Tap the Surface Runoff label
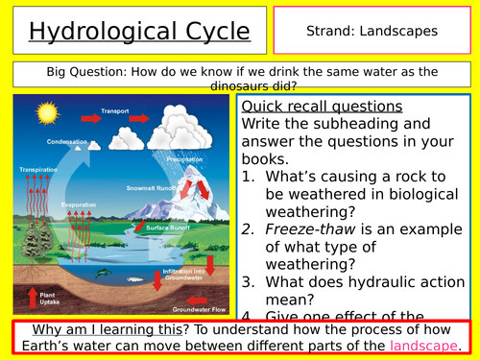[167, 228]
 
